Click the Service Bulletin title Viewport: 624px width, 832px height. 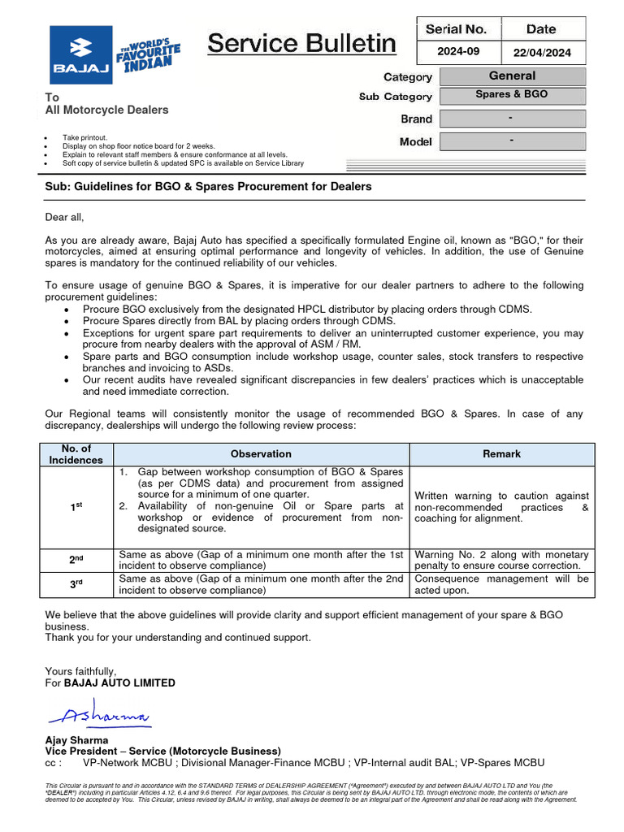(x=301, y=44)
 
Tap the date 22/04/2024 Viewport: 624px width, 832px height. (x=542, y=53)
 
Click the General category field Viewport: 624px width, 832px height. (x=512, y=76)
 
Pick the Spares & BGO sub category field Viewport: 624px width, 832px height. (x=512, y=95)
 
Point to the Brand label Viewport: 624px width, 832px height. (x=416, y=119)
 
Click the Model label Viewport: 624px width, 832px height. (x=415, y=142)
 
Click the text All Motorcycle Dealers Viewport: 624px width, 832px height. (x=106, y=110)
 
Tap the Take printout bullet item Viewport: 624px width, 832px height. (x=85, y=138)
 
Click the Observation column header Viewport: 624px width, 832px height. (x=261, y=454)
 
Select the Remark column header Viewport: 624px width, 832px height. (x=501, y=454)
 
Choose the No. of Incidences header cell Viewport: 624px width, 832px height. (x=76, y=454)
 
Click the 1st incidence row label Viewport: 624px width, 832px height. (x=76, y=506)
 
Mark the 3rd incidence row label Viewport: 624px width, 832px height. (x=76, y=585)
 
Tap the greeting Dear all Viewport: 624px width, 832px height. (x=64, y=217)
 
